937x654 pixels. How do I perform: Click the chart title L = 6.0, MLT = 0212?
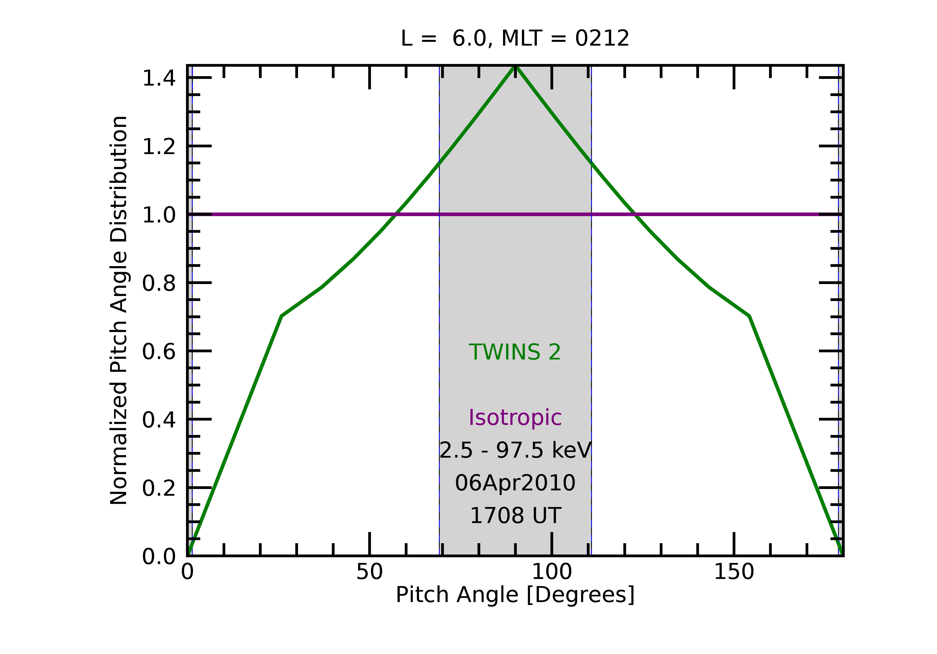515,39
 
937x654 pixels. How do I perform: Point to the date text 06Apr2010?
515,483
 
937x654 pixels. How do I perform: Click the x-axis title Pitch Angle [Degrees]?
515,595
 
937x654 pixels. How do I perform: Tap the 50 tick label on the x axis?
369,572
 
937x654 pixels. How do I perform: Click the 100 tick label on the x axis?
552,572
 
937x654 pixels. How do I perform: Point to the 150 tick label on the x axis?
734,572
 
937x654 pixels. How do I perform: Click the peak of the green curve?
516,67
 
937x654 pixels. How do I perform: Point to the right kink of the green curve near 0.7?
749,316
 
